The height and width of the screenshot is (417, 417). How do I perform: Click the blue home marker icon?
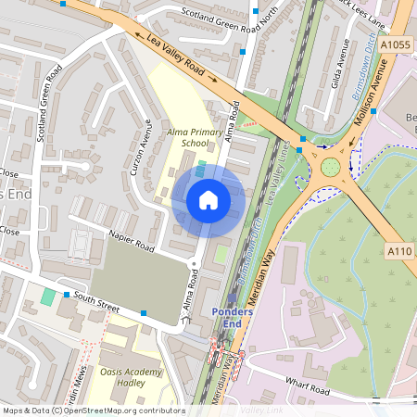click(x=208, y=200)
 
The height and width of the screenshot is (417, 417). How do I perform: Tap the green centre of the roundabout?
click(x=330, y=168)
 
